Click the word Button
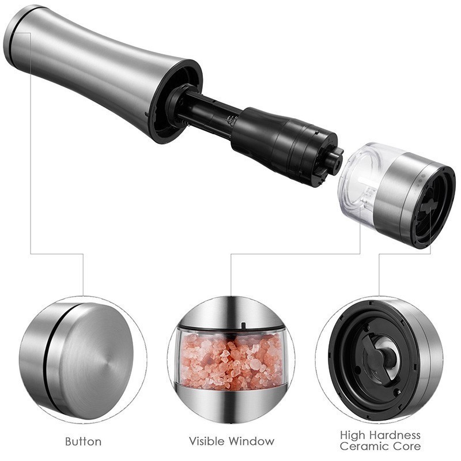[83, 441]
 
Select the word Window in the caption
[252, 441]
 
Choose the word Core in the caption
[407, 446]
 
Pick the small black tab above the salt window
[243, 326]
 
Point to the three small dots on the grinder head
[420, 177]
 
